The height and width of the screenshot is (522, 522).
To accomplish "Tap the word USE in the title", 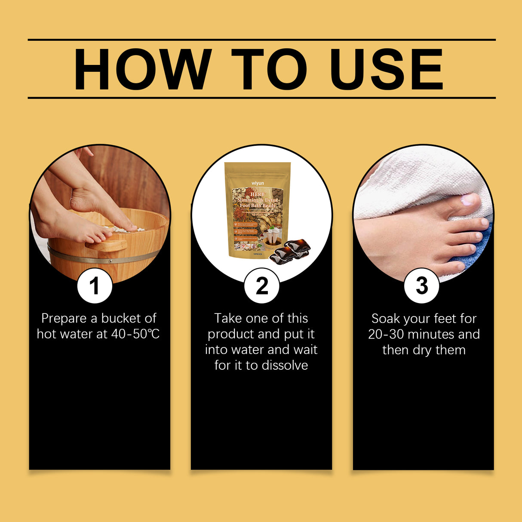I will [386, 70].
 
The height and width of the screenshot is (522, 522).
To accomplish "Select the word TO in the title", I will [269, 70].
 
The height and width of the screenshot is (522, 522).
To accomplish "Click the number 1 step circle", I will [95, 286].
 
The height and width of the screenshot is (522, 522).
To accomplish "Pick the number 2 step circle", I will [261, 286].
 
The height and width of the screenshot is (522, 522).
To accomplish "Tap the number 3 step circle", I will [422, 286].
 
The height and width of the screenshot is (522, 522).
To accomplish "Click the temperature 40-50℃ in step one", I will [135, 334].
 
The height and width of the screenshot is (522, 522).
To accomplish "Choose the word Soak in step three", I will [386, 319].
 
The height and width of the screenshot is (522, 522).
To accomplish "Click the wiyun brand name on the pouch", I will [258, 183].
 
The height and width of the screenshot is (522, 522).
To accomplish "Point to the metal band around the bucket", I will [103, 258].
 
